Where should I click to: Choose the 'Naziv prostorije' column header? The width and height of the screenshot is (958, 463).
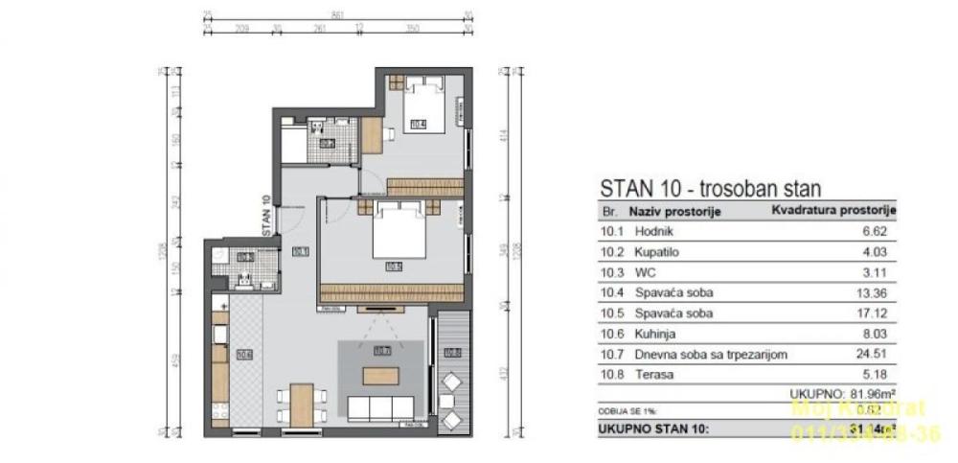point(674,211)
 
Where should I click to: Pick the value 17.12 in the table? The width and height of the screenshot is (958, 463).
point(878,313)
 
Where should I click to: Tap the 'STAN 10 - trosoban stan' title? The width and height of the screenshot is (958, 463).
point(710,189)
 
